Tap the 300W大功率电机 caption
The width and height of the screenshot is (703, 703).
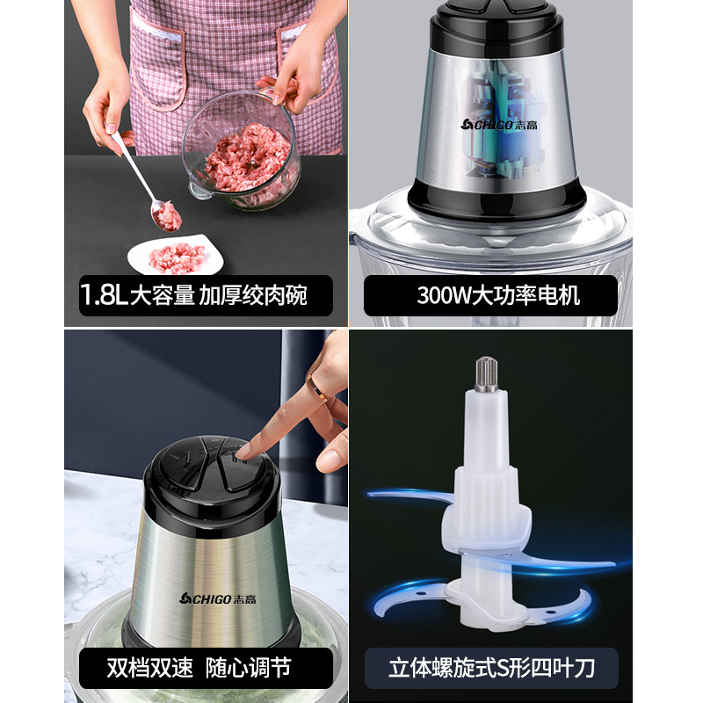(497, 294)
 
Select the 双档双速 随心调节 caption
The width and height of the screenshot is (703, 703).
(199, 668)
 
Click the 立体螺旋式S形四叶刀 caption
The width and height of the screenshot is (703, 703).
(492, 668)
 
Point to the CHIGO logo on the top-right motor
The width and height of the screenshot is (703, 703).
(500, 123)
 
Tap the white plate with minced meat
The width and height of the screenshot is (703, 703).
(175, 256)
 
